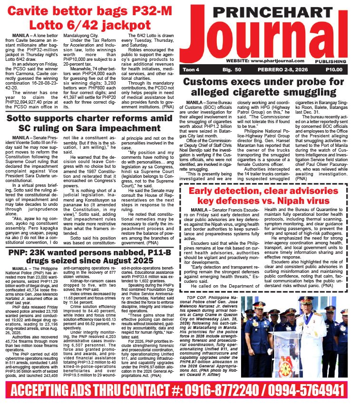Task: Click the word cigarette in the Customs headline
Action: (266, 93)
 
